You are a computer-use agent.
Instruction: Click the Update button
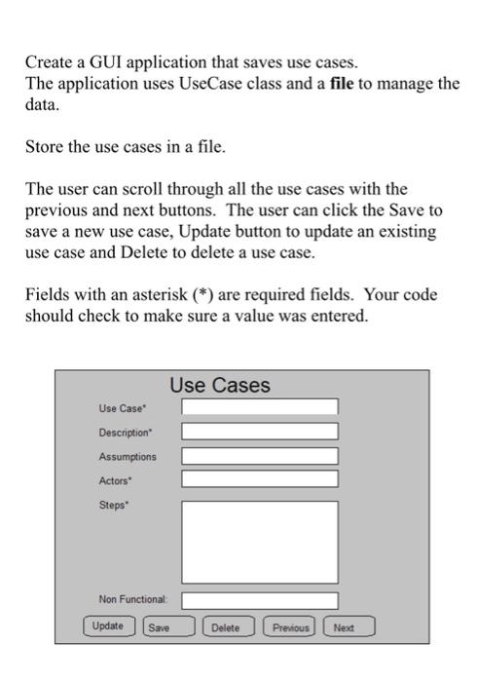click(x=107, y=626)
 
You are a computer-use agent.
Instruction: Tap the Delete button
click(x=225, y=627)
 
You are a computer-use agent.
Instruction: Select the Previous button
click(x=290, y=627)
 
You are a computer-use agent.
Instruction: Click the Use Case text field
click(x=260, y=407)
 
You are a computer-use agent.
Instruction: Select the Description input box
click(x=260, y=432)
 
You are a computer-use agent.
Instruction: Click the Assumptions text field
click(x=260, y=456)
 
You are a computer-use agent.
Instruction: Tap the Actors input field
click(x=260, y=479)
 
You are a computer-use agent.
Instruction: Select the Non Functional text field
click(x=260, y=600)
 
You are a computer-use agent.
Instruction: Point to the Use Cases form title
click(x=220, y=386)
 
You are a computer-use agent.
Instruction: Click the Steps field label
click(x=113, y=505)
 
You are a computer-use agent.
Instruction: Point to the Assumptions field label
click(x=127, y=456)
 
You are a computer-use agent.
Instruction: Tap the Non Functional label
click(x=133, y=599)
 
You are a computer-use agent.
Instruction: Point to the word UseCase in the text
click(x=209, y=83)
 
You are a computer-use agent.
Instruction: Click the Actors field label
click(x=115, y=480)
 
